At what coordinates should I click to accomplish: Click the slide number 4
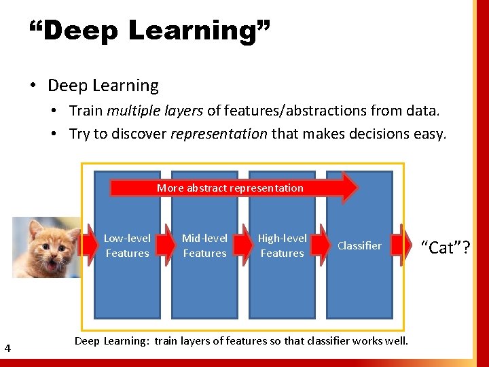7,349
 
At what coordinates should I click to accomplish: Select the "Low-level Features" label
127,245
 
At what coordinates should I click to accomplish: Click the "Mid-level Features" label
204,245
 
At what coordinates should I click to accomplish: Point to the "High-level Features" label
282,245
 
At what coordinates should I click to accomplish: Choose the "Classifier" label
359,245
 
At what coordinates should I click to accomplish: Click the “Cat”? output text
446,247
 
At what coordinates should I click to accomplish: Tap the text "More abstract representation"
230,188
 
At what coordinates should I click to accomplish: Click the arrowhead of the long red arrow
349,188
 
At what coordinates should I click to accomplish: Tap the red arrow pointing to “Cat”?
405,245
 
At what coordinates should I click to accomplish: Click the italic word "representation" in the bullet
219,133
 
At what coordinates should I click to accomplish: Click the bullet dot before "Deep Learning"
33,86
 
